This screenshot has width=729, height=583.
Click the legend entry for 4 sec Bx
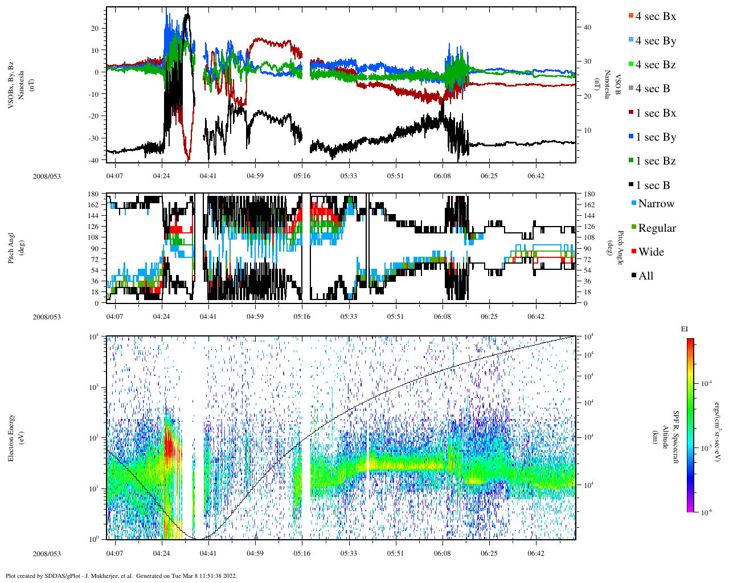(x=655, y=17)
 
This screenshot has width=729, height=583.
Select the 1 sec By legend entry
(x=655, y=137)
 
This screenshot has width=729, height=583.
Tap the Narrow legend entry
(x=656, y=204)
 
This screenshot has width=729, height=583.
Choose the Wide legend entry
(x=650, y=252)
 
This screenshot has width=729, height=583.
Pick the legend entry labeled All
(x=645, y=276)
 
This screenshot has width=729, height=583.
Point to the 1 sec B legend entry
(x=652, y=186)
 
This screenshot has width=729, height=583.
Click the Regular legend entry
(x=656, y=228)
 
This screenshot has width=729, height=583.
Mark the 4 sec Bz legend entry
(x=655, y=65)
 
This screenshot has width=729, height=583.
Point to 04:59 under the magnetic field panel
(x=255, y=176)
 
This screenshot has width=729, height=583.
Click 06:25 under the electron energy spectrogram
(x=489, y=553)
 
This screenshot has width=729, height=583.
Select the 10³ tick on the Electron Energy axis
(x=95, y=387)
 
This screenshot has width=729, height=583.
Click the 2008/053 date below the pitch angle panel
(x=47, y=317)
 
